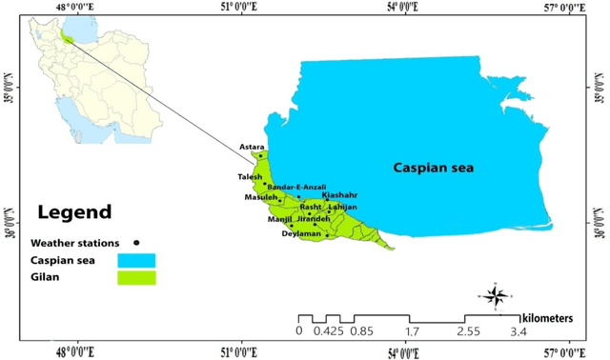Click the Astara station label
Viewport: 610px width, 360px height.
coord(252,147)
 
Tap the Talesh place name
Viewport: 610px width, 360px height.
coord(250,176)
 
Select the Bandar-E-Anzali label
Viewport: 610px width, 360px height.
coord(296,186)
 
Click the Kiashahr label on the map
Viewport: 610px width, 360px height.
coord(339,195)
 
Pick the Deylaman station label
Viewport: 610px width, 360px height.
coord(302,233)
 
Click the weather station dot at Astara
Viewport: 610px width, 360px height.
coord(260,155)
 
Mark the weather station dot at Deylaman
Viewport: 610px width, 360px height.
coord(326,234)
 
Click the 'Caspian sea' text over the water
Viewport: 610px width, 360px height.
coord(434,169)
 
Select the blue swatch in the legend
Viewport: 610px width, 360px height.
coord(136,260)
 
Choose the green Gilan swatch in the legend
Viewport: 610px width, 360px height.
coord(136,278)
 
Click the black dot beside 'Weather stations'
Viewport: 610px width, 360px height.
coord(136,242)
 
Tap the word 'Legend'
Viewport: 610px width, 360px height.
coord(73,211)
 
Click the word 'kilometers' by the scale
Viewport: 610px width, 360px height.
coord(553,314)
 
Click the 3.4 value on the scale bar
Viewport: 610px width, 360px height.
coord(519,331)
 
